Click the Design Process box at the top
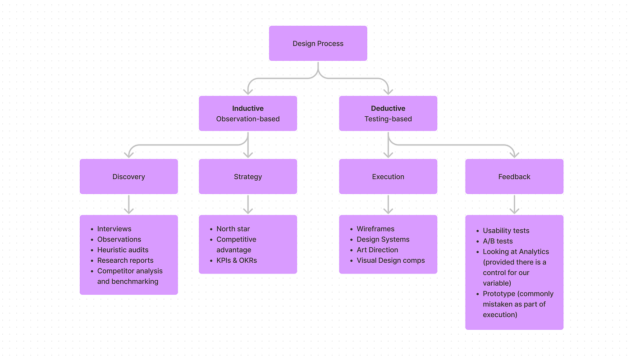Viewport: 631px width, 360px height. point(318,43)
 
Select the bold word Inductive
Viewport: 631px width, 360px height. point(248,108)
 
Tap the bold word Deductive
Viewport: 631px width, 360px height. point(388,108)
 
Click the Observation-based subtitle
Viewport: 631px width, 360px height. point(248,119)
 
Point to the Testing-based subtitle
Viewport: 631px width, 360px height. point(388,119)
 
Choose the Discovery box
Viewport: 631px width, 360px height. point(129,177)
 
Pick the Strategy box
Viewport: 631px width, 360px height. point(248,177)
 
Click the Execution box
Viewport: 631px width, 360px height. point(388,177)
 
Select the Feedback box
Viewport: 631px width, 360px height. point(514,177)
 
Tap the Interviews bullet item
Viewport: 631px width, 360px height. point(114,229)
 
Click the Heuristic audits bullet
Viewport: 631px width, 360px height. point(123,250)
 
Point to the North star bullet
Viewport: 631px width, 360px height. point(233,229)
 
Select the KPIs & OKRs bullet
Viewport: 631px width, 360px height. point(237,260)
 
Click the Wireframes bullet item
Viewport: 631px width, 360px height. point(375,229)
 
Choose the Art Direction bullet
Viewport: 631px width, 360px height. point(377,250)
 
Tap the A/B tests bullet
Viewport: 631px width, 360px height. point(498,241)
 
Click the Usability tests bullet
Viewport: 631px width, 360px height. point(506,231)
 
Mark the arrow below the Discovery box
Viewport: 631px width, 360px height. point(129,205)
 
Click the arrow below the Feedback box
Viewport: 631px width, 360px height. point(514,205)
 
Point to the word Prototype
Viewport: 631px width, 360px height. point(499,294)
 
